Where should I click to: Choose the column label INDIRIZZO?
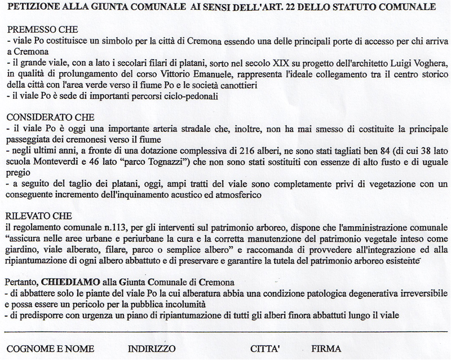[152, 348]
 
